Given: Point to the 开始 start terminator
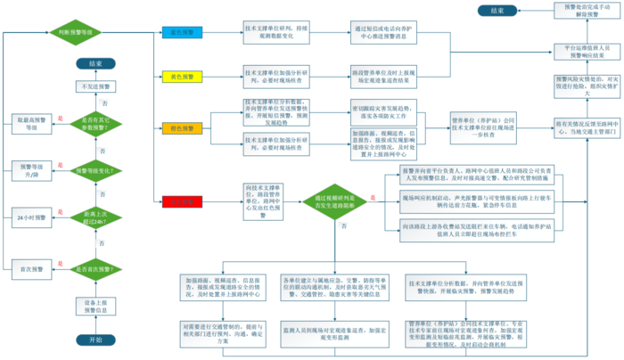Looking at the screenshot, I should [x=95, y=340].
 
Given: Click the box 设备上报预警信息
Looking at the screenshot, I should [x=95, y=308].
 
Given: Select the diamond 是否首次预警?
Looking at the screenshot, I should [x=95, y=268].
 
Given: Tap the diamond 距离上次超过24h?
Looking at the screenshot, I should [x=95, y=217].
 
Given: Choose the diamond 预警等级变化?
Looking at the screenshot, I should [x=95, y=168].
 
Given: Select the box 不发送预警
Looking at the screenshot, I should [x=95, y=86].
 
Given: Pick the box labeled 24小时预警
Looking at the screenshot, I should [x=24, y=217].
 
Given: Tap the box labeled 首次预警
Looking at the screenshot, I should [x=24, y=268].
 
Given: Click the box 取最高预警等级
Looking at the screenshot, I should [x=24, y=122].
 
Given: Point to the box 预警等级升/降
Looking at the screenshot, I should [x=24, y=168].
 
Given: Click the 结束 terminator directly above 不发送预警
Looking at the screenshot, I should [x=95, y=63].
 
